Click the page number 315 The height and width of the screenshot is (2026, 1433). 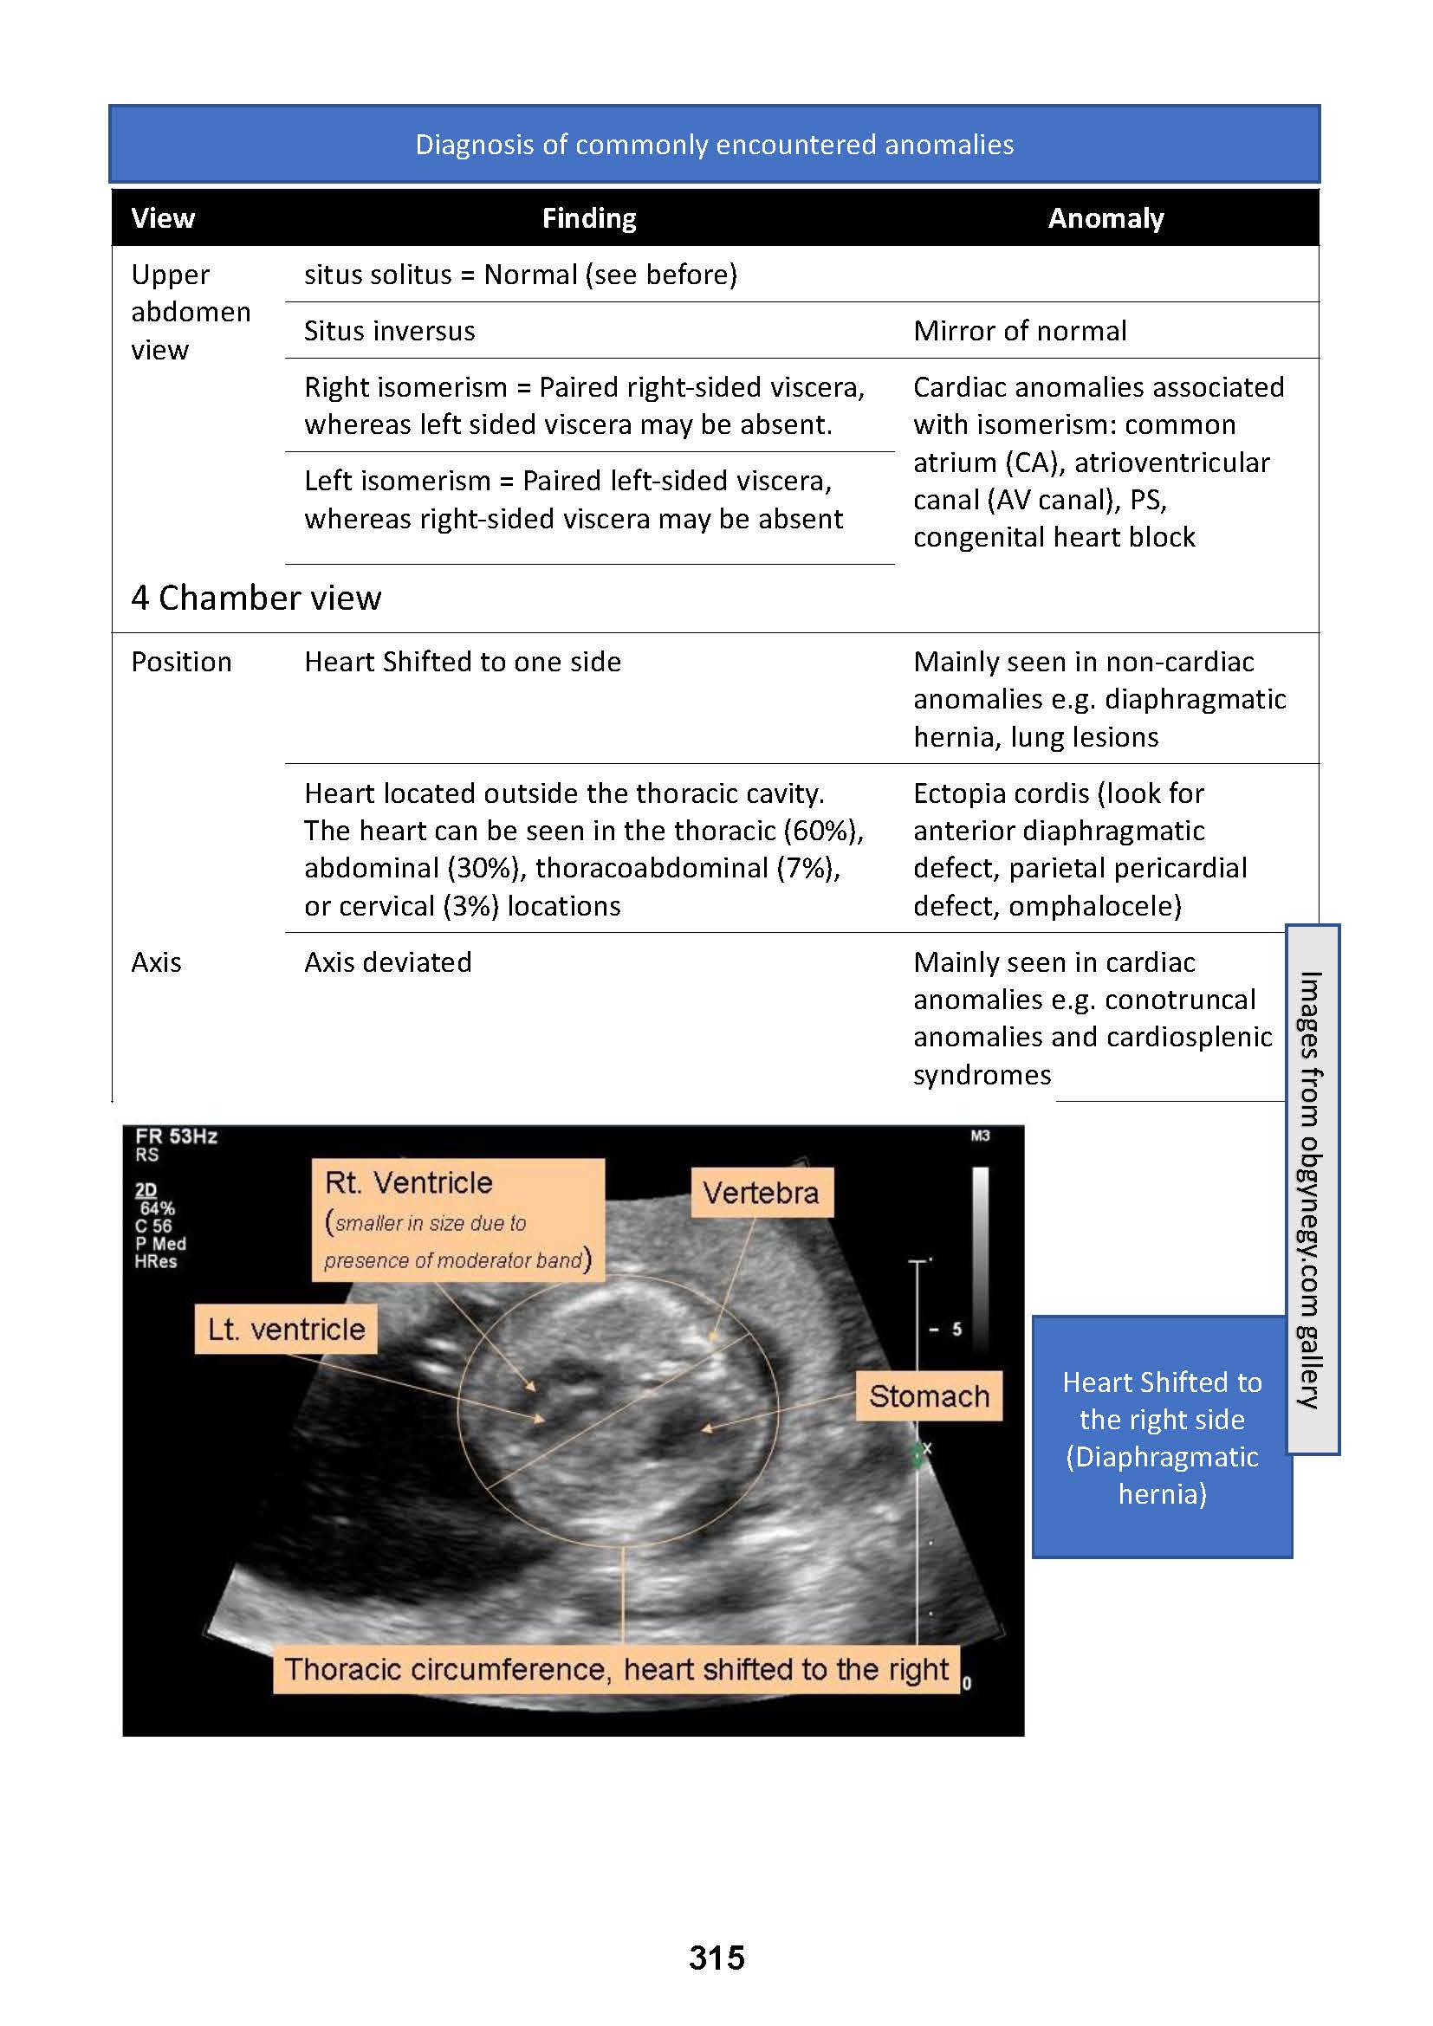point(716,1958)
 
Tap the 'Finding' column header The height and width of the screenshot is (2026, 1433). point(588,218)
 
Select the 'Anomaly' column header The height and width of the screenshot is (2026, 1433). point(1106,218)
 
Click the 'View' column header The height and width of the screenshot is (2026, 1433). point(162,218)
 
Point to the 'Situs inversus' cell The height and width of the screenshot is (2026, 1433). point(389,331)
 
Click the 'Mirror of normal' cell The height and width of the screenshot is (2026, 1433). point(1020,331)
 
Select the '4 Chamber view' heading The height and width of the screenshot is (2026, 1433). point(256,599)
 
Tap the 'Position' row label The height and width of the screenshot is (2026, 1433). point(181,662)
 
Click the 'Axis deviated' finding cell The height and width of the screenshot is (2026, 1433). point(387,961)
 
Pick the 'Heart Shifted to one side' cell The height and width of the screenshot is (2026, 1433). point(463,662)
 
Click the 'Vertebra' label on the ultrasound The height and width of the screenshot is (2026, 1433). point(761,1193)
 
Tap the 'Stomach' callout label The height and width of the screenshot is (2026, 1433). point(929,1396)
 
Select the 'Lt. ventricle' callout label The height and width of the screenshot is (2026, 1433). point(286,1329)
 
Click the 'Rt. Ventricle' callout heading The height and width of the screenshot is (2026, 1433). point(409,1182)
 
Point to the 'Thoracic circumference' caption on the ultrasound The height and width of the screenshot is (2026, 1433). point(616,1669)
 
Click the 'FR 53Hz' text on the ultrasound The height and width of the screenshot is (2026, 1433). point(176,1136)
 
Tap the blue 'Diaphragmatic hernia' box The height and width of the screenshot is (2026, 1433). point(1162,1436)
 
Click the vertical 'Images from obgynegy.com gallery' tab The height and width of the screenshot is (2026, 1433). point(1311,1188)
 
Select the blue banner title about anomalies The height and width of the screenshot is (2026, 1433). point(715,145)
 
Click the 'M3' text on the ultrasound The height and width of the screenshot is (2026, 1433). point(980,1136)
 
